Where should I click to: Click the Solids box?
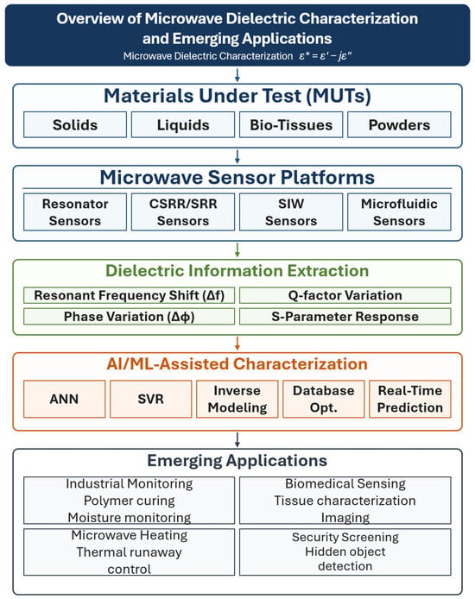click(x=75, y=124)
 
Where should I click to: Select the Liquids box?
click(x=183, y=124)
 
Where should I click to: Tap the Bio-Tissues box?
click(x=291, y=124)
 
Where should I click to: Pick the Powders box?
click(x=399, y=124)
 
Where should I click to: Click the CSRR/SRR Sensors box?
click(x=183, y=212)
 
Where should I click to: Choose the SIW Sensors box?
click(x=291, y=212)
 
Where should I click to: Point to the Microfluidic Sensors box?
click(x=399, y=212)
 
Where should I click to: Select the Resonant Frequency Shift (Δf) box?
click(x=130, y=295)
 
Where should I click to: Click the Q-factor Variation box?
click(x=345, y=295)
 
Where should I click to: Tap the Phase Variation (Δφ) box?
click(x=130, y=317)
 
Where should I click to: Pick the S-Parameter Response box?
click(x=345, y=317)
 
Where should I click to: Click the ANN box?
click(x=64, y=399)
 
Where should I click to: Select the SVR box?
click(x=150, y=399)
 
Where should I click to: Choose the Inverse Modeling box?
click(x=237, y=399)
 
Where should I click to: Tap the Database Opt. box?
click(x=323, y=399)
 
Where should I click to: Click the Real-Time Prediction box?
click(x=409, y=399)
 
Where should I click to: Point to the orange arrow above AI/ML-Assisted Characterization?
click(x=237, y=344)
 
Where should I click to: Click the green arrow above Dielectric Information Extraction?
click(x=237, y=249)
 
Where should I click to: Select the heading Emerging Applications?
click(x=237, y=461)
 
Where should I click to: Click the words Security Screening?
click(x=345, y=537)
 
